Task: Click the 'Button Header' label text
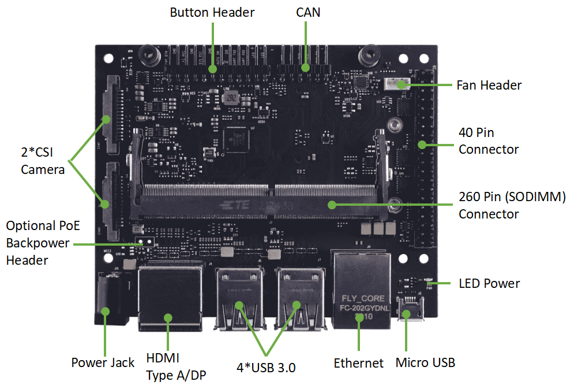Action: [x=212, y=12]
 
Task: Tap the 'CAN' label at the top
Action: [x=307, y=12]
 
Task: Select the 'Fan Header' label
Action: [x=489, y=86]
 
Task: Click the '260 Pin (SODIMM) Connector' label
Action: [x=512, y=205]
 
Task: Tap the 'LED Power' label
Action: [x=489, y=283]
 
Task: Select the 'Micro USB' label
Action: [x=425, y=363]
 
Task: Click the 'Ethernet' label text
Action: [x=358, y=363]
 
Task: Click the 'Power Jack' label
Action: [x=103, y=363]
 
